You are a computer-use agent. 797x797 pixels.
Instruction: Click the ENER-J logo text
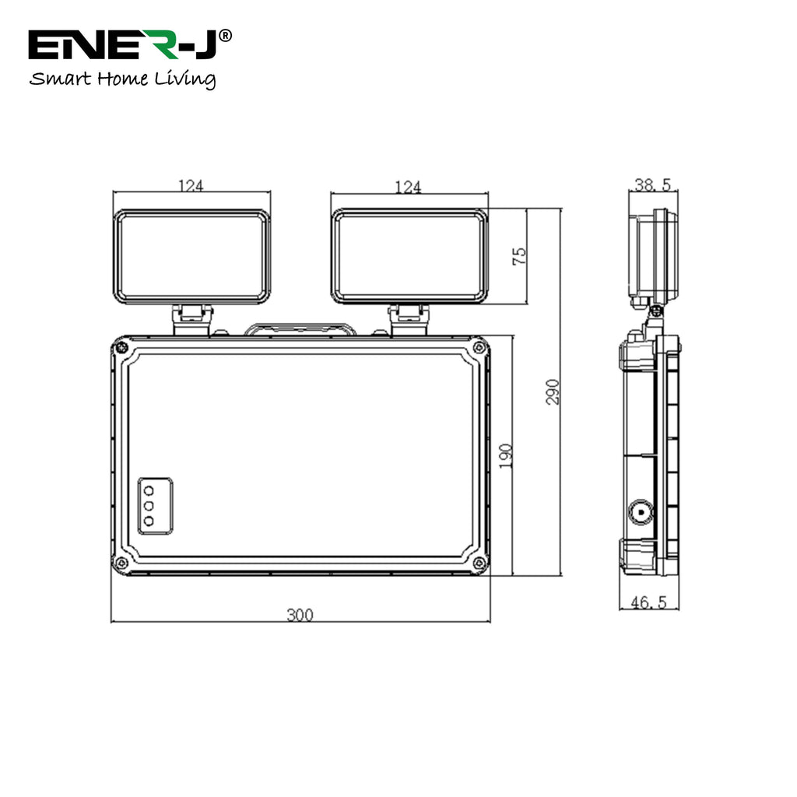click(x=125, y=46)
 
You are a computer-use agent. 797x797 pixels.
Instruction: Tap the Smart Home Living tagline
click(x=122, y=79)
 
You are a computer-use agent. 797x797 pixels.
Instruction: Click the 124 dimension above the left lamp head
click(x=191, y=186)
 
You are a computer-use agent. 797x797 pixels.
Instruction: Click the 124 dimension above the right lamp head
click(x=408, y=187)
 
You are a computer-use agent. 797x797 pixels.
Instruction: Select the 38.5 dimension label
click(x=652, y=185)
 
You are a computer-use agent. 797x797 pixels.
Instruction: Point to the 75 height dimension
click(x=520, y=256)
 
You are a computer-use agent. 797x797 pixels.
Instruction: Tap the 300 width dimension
click(x=300, y=615)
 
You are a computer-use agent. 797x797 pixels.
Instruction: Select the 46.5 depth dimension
click(x=650, y=602)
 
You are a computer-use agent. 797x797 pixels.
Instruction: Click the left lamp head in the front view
click(x=191, y=256)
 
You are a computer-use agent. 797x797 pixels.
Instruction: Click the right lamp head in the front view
click(x=409, y=256)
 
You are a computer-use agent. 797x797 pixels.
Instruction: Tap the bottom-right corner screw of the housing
click(x=479, y=563)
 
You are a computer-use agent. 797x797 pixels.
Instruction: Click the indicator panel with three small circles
click(x=155, y=506)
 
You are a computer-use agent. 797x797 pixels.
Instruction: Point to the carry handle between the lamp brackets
click(x=300, y=330)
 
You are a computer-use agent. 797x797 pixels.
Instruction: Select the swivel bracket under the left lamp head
click(x=191, y=319)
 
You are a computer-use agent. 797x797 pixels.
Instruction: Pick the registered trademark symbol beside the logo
click(x=225, y=35)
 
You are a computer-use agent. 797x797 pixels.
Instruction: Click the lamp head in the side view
click(x=651, y=257)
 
